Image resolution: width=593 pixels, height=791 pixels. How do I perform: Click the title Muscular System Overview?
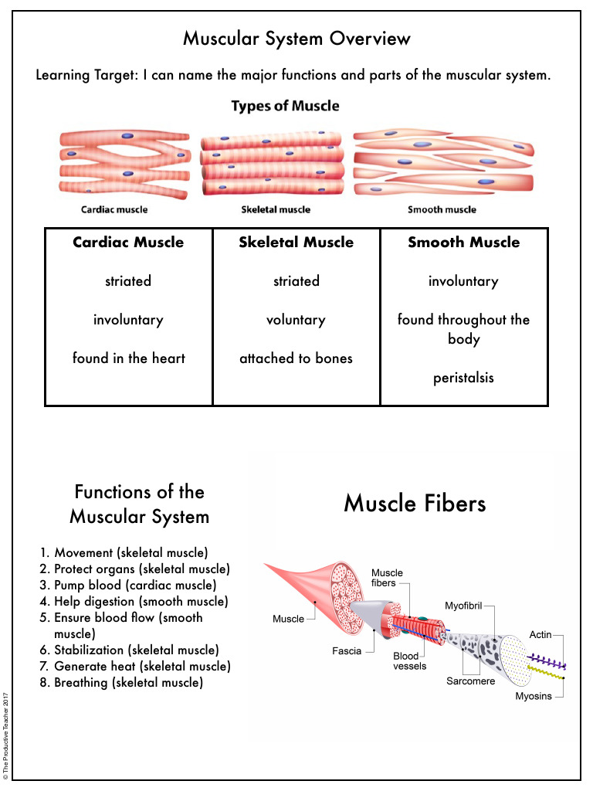coord(296,39)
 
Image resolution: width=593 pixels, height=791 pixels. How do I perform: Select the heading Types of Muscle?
coord(285,106)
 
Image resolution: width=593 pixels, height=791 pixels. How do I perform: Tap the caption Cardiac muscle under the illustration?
coord(114,209)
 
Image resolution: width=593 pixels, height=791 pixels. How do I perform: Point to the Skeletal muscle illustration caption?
coord(276,209)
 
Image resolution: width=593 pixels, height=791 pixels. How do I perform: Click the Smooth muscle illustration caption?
coord(442,209)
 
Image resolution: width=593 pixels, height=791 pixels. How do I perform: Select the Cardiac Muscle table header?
coord(128,243)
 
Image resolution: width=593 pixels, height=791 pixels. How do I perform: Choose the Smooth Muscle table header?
coord(463,243)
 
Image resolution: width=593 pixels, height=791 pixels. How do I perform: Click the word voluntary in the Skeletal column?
coord(296,320)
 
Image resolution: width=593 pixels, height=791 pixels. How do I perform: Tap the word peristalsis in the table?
coord(463,378)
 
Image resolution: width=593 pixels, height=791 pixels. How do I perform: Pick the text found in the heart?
coord(128,358)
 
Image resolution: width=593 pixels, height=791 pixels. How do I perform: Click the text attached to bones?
coord(296,358)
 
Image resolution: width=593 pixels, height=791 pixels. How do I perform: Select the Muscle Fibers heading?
coord(415,504)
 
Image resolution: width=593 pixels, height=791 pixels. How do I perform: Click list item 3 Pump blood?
coord(135,586)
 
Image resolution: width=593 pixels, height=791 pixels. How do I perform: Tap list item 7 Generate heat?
coord(142,667)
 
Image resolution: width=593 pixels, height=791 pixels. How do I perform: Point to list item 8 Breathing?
coord(128,683)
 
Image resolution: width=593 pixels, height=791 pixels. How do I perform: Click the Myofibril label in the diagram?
coord(463,606)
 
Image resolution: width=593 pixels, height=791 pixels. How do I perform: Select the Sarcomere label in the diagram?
coord(470,681)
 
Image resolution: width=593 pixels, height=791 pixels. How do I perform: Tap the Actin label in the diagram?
coord(540,635)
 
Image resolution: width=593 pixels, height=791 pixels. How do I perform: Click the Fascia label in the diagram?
coord(347,651)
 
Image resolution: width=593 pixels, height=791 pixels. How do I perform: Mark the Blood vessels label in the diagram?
coord(409,661)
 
